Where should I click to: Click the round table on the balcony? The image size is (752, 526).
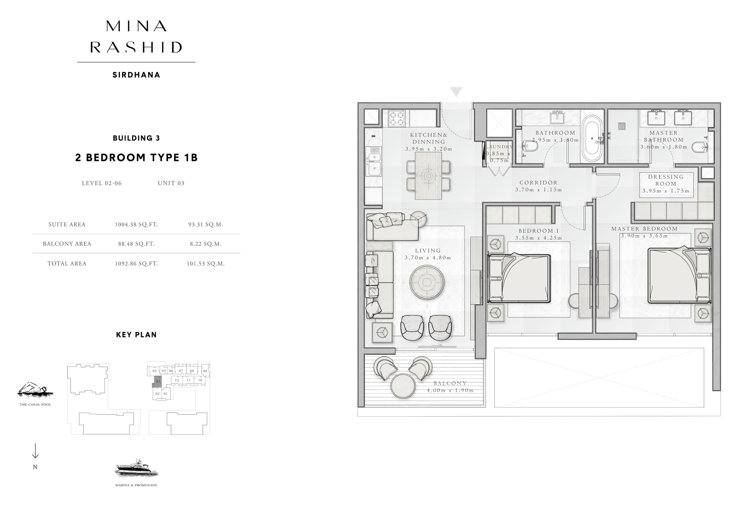click(x=403, y=386)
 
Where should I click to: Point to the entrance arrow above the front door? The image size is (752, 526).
click(x=456, y=92)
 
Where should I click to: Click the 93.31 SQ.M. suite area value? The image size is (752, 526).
click(x=205, y=225)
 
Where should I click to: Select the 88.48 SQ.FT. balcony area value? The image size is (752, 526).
click(x=136, y=244)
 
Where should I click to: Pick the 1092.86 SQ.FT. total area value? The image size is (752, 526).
click(x=136, y=264)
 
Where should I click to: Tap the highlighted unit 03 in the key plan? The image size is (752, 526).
click(x=158, y=381)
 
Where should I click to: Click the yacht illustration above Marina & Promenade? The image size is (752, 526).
click(x=136, y=469)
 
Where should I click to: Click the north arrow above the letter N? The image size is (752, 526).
click(x=35, y=451)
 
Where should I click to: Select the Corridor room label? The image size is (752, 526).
click(x=538, y=183)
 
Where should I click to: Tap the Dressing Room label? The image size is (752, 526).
click(x=666, y=181)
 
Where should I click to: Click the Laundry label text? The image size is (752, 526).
click(x=499, y=147)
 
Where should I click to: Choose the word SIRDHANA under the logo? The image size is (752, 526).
click(x=136, y=75)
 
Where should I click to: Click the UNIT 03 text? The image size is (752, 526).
click(x=171, y=183)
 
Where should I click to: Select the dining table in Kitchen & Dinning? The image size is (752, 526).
click(x=428, y=176)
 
